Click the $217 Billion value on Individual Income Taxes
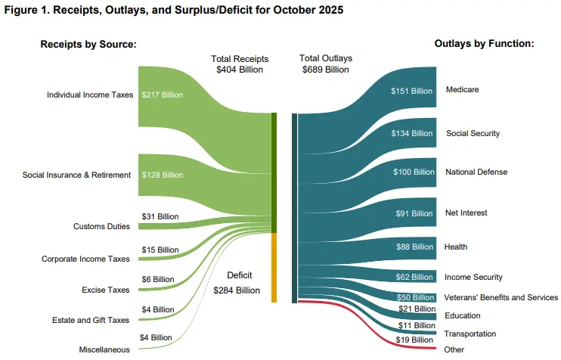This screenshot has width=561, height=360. pos(163,95)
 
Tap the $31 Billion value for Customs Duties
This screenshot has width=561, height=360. pos(160,216)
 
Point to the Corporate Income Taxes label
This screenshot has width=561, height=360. pos(85,259)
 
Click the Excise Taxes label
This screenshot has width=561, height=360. pos(106,290)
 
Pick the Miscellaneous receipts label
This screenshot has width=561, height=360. pos(104,349)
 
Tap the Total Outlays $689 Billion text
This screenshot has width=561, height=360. pos(326,64)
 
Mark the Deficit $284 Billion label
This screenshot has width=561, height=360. pos(238,281)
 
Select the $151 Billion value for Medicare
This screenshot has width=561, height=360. pos(412,91)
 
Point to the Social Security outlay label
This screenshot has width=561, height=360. pos(473,133)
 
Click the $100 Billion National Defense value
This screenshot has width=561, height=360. pos(413,172)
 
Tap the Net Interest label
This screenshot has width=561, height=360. pos(465,213)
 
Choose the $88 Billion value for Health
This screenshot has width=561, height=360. pos(415,247)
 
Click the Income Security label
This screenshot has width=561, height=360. pos(474,277)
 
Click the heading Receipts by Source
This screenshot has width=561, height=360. pos(88,45)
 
